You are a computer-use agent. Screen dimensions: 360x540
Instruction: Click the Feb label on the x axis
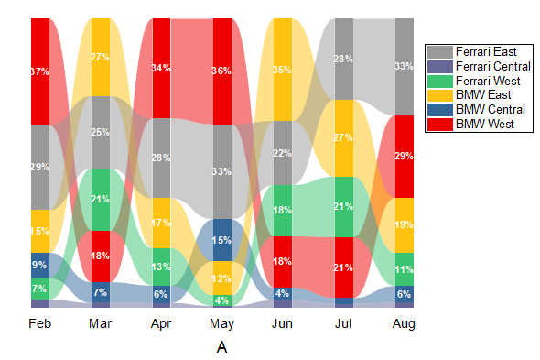coord(40,323)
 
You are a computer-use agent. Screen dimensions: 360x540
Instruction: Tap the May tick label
coord(221,323)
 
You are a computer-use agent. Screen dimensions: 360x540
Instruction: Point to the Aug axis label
coord(404,323)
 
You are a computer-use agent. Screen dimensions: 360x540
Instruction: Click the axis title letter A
coord(221,347)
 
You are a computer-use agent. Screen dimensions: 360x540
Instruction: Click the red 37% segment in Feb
coord(40,71)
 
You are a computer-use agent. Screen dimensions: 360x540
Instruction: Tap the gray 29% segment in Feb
coord(40,167)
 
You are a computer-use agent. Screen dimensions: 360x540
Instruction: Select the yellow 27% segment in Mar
coord(101,57)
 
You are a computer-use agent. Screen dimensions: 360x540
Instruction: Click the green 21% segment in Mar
coord(101,199)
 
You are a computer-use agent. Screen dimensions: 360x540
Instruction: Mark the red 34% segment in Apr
coord(161,68)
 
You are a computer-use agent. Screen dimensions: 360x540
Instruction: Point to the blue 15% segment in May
coord(221,240)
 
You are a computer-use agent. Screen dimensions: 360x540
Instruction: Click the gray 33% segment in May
coord(221,171)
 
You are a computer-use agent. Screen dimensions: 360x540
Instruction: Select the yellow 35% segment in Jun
coord(282,70)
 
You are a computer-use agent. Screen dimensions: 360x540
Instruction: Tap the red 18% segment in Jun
coord(282,261)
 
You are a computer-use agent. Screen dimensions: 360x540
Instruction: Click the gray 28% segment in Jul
coord(343,59)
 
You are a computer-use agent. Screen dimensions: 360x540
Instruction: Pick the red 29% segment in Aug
coord(404,157)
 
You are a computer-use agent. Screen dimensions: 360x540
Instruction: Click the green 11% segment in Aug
coord(404,269)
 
